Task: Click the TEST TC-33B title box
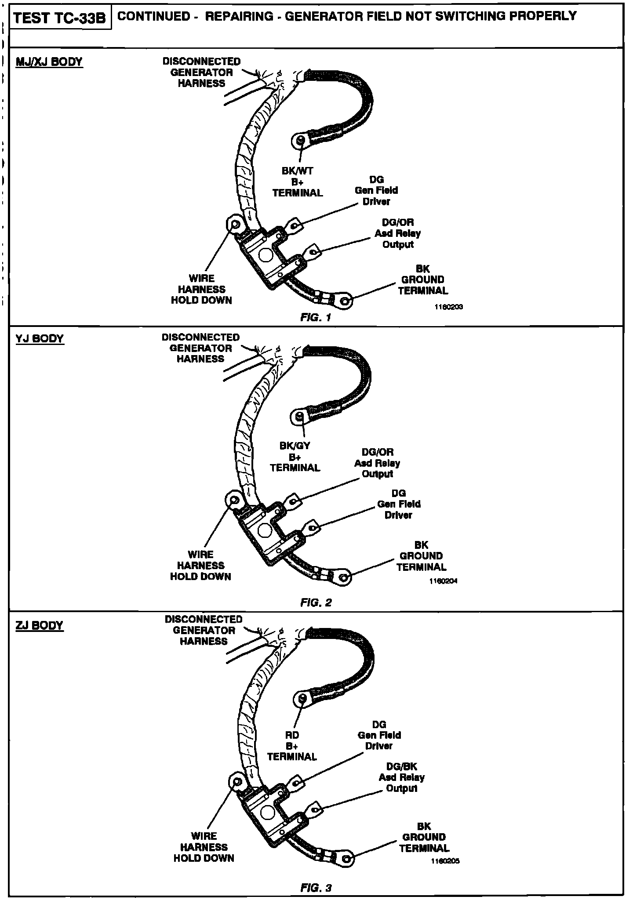60,18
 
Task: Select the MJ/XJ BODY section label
49,62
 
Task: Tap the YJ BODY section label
40,338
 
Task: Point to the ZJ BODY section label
40,625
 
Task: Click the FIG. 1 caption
315,317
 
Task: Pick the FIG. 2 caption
316,602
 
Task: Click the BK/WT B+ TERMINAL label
298,182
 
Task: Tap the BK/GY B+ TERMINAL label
295,457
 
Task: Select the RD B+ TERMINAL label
292,746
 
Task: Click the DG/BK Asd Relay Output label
401,777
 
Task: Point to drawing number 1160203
448,307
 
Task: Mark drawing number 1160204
444,581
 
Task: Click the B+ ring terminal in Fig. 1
300,141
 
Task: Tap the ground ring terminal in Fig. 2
345,577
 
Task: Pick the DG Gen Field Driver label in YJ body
399,504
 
